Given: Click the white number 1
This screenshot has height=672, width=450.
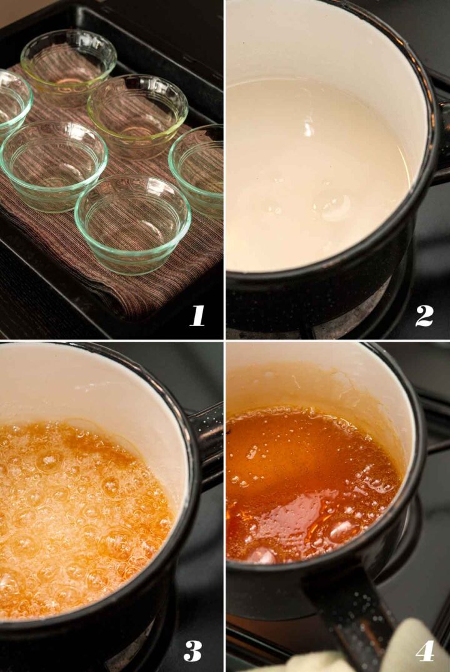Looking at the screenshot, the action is tap(197, 316).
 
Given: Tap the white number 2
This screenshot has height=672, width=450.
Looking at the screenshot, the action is tap(424, 316).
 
